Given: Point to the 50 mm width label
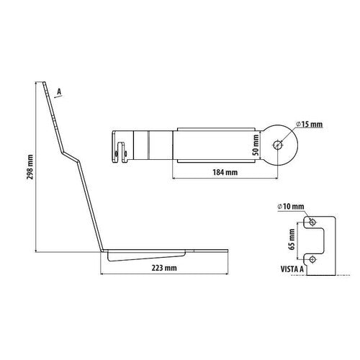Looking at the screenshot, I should pos(256,144).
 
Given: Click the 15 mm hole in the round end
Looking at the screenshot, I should pos(278,145).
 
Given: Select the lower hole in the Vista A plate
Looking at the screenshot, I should pos(311,257).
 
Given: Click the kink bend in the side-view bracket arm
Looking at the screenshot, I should pos(72,154).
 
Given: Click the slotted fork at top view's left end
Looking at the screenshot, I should pos(121,147).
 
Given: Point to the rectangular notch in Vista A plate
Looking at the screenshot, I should pos(325,238).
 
